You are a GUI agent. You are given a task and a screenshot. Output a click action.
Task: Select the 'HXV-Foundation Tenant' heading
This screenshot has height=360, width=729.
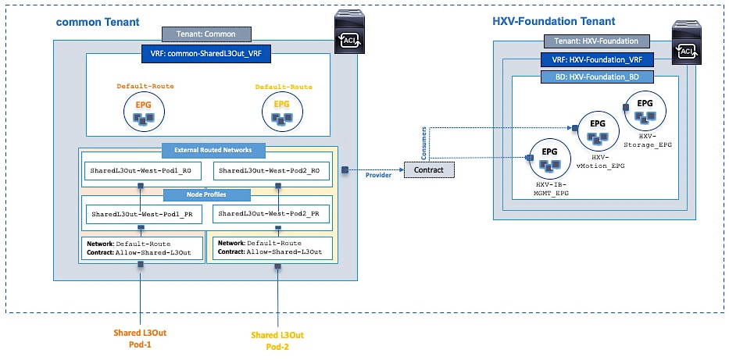[553, 21]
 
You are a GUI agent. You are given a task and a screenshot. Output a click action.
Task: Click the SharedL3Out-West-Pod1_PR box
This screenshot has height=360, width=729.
[141, 213]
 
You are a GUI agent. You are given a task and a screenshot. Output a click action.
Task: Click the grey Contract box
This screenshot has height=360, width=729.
[428, 169]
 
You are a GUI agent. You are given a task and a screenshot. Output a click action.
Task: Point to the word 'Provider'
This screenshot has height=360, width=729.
[378, 175]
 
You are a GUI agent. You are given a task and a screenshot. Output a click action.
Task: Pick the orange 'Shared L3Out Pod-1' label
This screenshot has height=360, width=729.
[140, 340]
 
